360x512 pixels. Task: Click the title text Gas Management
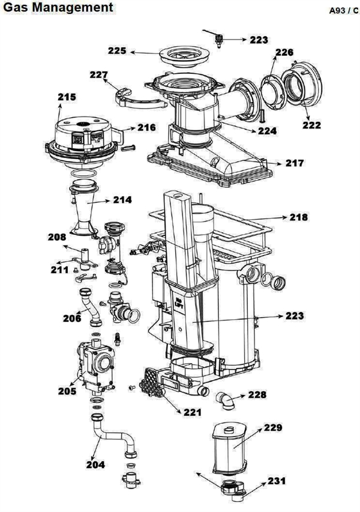click(x=57, y=7)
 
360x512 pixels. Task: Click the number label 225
click(x=118, y=52)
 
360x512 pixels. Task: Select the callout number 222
click(x=311, y=125)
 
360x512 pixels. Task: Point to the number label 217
click(x=295, y=163)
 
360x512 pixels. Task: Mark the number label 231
click(x=278, y=481)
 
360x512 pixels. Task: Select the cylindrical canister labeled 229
click(x=230, y=446)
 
